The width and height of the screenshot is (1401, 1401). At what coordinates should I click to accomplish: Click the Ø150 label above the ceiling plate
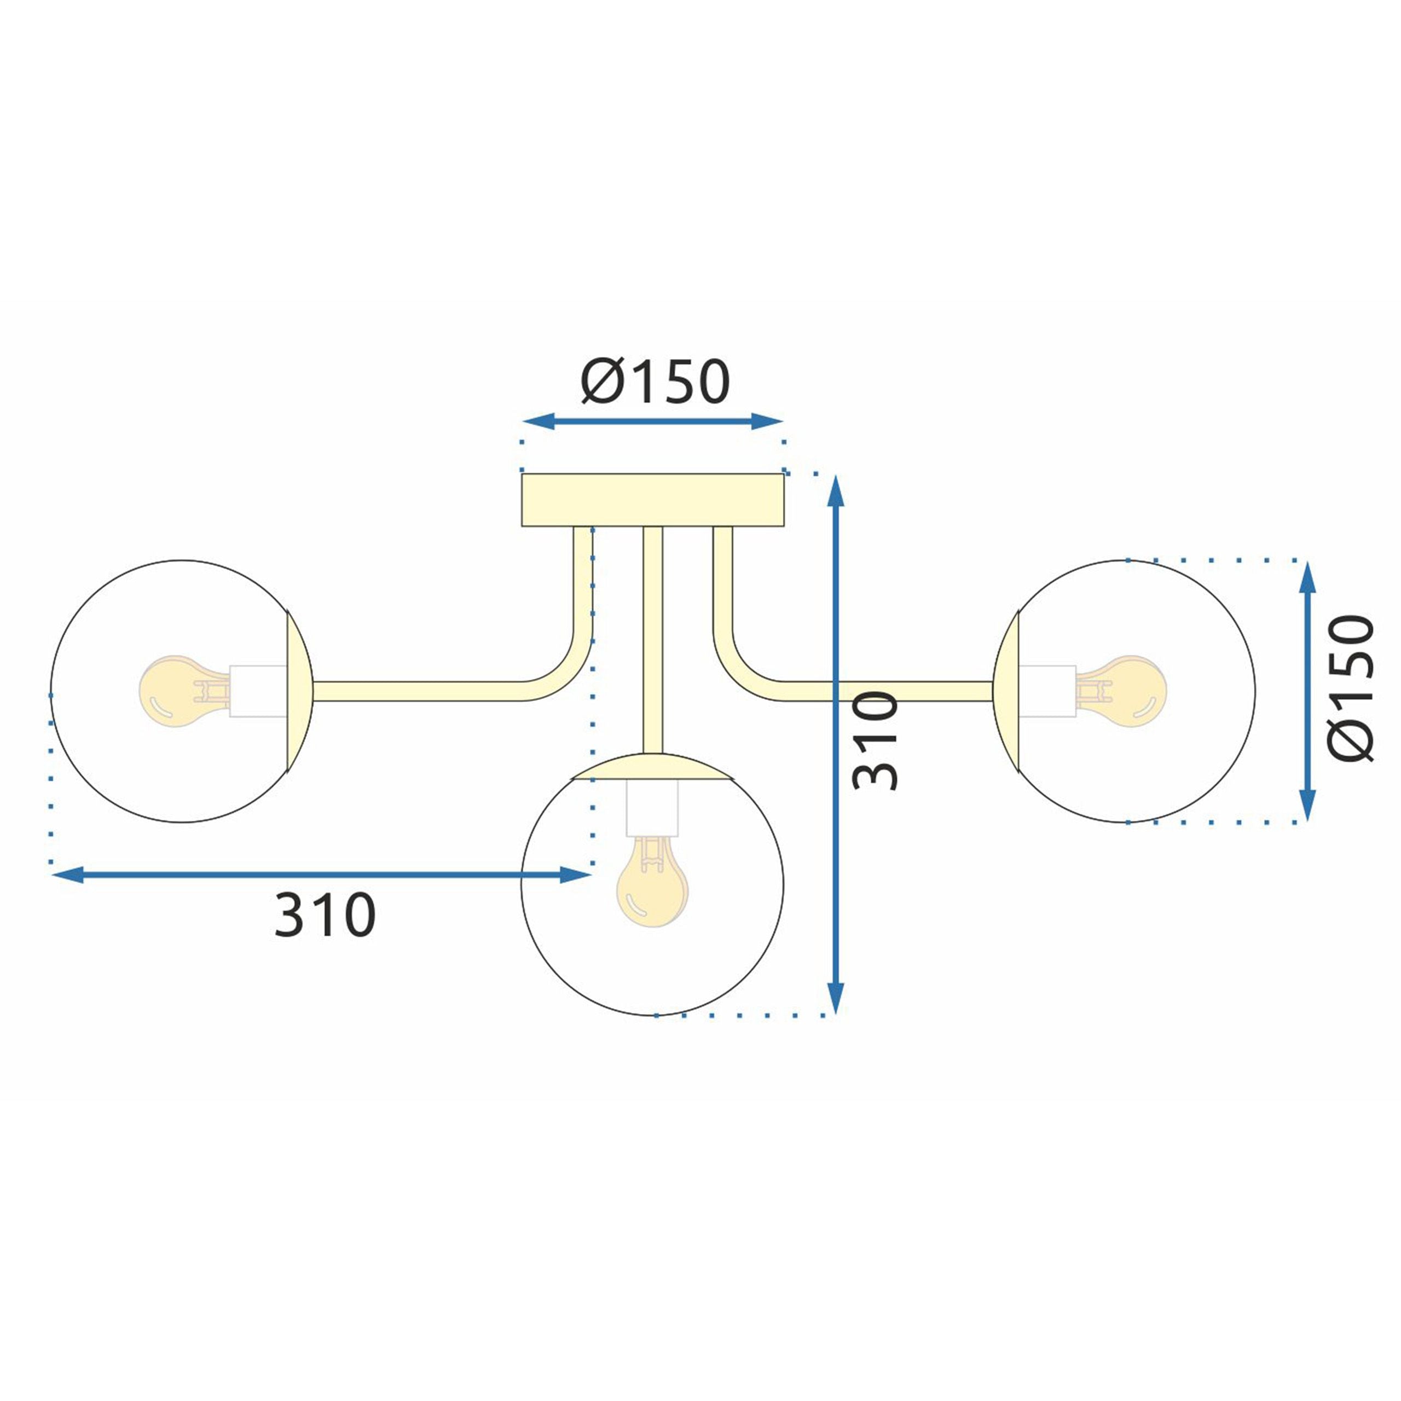pyautogui.click(x=655, y=382)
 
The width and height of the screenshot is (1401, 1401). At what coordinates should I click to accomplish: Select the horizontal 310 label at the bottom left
pyautogui.click(x=325, y=915)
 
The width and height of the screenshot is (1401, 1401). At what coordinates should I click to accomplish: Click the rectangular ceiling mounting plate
pyautogui.click(x=653, y=500)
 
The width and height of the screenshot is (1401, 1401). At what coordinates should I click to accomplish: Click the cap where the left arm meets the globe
pyautogui.click(x=299, y=691)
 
